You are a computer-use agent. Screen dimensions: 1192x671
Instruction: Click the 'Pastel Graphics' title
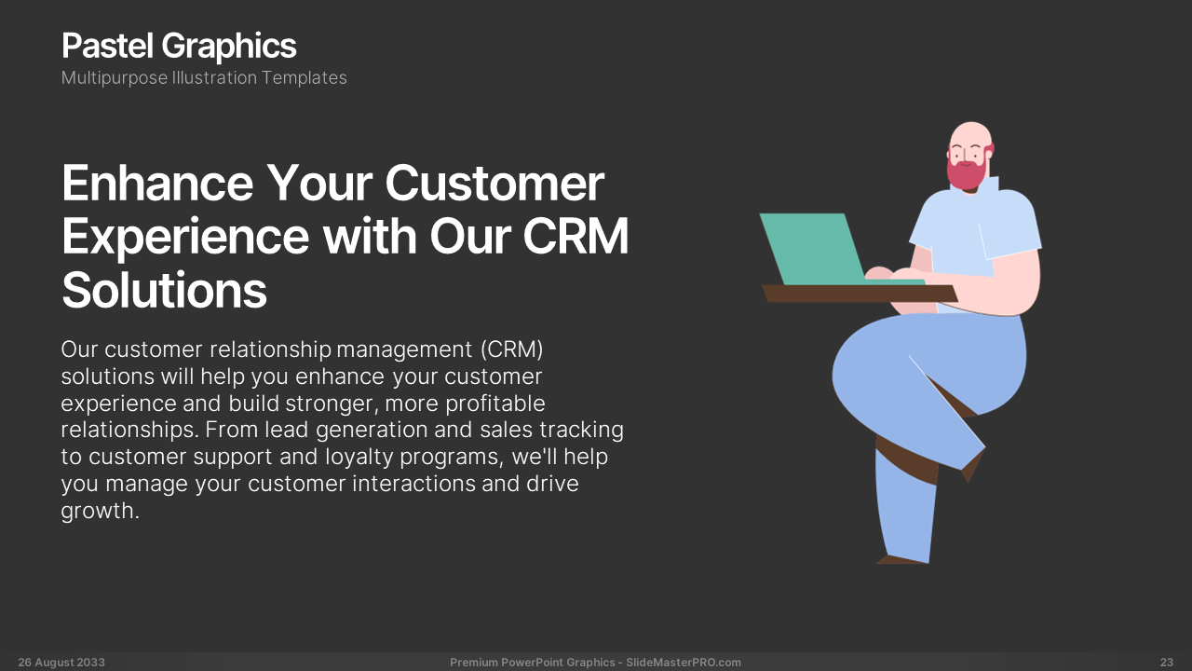click(179, 47)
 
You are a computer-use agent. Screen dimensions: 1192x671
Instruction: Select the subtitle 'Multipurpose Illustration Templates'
click(204, 77)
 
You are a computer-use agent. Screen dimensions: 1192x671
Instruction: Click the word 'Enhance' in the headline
click(157, 183)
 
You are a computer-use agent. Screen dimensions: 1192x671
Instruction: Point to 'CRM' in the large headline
click(576, 236)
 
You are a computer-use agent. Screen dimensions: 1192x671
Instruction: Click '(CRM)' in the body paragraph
click(511, 349)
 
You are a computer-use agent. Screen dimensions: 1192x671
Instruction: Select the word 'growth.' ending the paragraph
click(100, 512)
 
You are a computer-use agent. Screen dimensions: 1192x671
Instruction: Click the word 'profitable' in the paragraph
click(494, 404)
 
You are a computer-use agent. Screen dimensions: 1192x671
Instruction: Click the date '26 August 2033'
click(61, 663)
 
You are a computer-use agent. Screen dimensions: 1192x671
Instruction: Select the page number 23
click(1167, 663)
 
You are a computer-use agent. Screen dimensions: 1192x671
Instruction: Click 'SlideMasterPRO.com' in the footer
click(684, 663)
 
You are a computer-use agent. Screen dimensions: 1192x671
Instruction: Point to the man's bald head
click(970, 135)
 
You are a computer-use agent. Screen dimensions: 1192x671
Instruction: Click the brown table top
click(860, 294)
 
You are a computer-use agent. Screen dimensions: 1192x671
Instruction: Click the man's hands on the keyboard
click(893, 274)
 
